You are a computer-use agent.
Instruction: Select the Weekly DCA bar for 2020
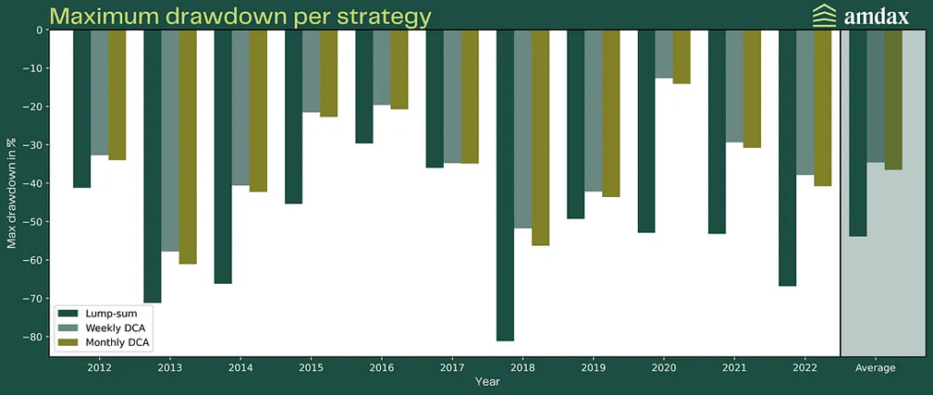(x=663, y=54)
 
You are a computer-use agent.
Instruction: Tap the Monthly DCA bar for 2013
(x=188, y=147)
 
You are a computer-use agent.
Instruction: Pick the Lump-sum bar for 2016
(x=364, y=87)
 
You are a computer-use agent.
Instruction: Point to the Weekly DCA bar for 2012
(x=99, y=92)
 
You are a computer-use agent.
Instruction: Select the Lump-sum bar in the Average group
(x=857, y=133)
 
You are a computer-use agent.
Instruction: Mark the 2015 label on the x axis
(x=312, y=369)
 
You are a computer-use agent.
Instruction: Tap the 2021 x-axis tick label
(x=734, y=369)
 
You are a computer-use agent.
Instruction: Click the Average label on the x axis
(x=876, y=369)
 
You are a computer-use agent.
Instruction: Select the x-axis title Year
(x=487, y=382)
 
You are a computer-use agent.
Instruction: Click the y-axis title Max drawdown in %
(x=11, y=192)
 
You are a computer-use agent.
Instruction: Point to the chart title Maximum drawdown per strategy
(x=241, y=16)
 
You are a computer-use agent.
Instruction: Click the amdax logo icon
(x=799, y=16)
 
